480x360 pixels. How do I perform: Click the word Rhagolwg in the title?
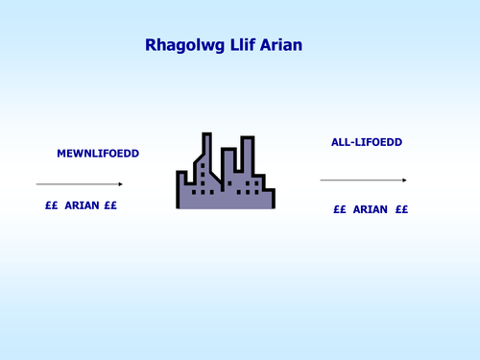click(x=185, y=45)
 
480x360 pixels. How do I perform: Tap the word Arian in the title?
click(x=281, y=45)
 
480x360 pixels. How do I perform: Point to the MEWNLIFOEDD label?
click(x=98, y=154)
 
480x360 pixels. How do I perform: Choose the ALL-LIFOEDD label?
click(x=367, y=142)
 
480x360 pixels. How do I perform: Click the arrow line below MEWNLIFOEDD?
click(x=80, y=184)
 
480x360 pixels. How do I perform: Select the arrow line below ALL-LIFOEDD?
click(x=363, y=180)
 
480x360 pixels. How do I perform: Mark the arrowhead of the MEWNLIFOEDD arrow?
click(x=121, y=184)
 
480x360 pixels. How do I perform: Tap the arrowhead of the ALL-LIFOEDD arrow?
click(x=404, y=180)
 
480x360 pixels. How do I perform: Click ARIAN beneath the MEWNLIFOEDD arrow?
click(x=82, y=205)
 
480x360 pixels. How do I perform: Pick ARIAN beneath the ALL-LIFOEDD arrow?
click(x=371, y=209)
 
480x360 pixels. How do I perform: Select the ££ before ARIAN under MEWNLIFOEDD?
click(x=52, y=205)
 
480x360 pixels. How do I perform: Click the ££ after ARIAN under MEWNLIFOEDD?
click(x=110, y=205)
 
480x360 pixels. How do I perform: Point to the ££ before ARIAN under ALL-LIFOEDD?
click(x=340, y=209)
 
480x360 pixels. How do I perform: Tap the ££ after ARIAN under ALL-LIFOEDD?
click(x=401, y=209)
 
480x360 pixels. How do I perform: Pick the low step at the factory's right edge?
click(x=269, y=199)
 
